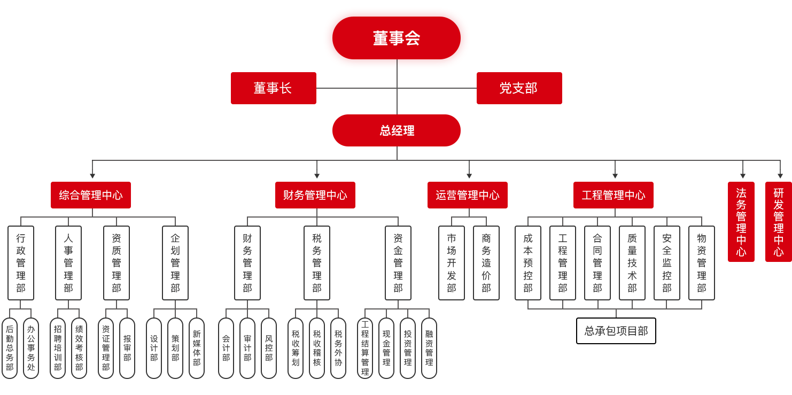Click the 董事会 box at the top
[x=396, y=38]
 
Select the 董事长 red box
[x=273, y=88]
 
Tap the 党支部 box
[x=519, y=88]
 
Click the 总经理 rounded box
[x=396, y=130]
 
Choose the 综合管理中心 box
[x=91, y=195]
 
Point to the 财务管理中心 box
[x=315, y=195]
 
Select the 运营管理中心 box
[x=468, y=195]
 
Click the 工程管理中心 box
[x=614, y=195]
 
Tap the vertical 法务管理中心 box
[x=741, y=222]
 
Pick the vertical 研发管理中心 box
[x=779, y=222]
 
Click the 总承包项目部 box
[x=616, y=331]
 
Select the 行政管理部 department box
[x=21, y=263]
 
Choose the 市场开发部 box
[x=452, y=263]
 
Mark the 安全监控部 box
[x=667, y=263]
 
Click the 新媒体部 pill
[x=197, y=348]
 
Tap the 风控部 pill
[x=269, y=348]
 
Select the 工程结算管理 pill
[x=365, y=348]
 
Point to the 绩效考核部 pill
[x=79, y=348]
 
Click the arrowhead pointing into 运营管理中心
[x=469, y=176]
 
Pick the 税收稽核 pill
[x=317, y=348]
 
